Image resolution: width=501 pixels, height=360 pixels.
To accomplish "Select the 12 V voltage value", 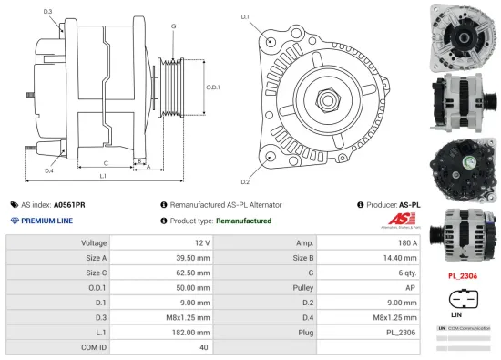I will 201,243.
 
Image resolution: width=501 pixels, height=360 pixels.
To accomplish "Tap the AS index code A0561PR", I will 69,206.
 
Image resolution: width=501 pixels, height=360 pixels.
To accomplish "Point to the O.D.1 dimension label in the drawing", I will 212,87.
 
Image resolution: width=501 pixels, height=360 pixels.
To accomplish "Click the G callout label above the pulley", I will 173,26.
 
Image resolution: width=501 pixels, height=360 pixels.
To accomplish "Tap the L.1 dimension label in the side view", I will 103,174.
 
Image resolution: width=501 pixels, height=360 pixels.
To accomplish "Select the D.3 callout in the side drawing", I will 47,11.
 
